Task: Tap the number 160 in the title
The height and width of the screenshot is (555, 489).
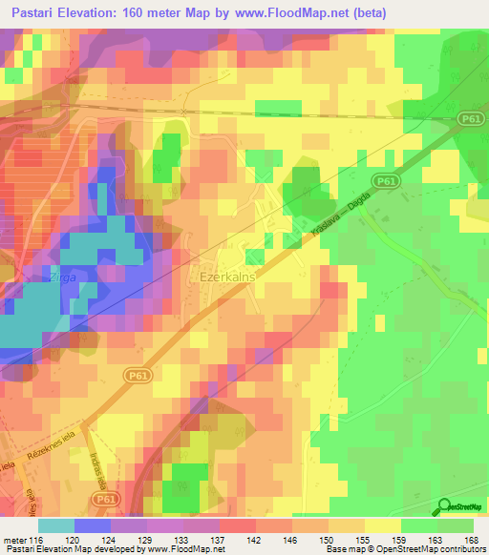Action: click(x=153, y=12)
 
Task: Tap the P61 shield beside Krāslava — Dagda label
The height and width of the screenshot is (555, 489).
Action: click(x=385, y=180)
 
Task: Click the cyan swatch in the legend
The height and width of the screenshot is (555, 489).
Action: click(x=55, y=524)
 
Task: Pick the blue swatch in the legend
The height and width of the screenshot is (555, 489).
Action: click(x=92, y=524)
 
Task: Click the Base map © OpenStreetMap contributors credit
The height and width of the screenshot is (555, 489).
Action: click(x=404, y=549)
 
